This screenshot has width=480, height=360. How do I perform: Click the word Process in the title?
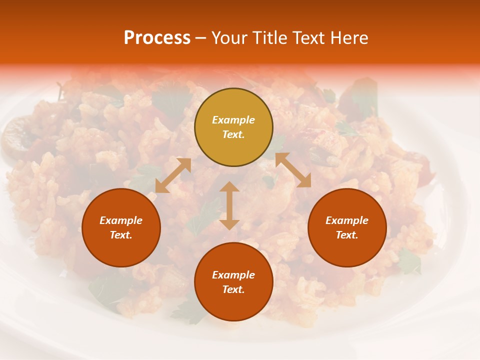(x=157, y=38)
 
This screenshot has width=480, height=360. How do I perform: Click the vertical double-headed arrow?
(x=229, y=205)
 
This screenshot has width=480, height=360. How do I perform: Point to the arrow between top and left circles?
(x=173, y=175)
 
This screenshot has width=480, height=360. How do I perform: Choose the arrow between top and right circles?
(x=293, y=170)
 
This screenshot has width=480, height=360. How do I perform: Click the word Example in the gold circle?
(x=233, y=120)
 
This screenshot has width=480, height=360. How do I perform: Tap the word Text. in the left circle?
(x=121, y=235)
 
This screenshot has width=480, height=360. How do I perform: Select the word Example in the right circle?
(x=347, y=220)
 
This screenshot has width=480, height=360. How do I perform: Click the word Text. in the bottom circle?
(x=233, y=289)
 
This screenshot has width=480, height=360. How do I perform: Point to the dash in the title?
(x=200, y=38)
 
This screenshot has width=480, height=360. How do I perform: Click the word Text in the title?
(x=309, y=38)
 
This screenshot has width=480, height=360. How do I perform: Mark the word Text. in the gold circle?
(x=233, y=134)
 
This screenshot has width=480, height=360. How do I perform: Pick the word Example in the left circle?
(x=121, y=220)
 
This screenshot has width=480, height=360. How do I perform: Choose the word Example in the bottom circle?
(x=233, y=275)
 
